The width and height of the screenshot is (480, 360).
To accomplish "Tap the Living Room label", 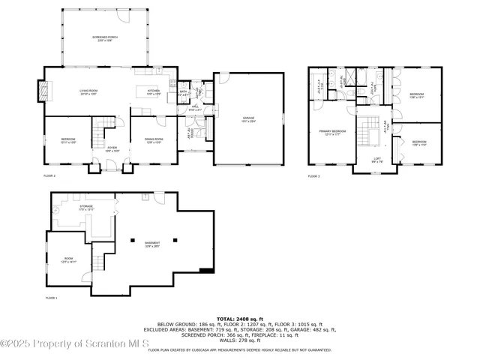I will coord(90,93).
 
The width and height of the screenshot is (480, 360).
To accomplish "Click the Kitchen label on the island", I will coord(154,93).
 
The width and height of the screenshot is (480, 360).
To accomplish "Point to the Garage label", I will coord(248,118).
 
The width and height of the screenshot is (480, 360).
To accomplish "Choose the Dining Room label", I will coord(153,140).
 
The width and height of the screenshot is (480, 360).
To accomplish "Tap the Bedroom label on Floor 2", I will coord(68,140).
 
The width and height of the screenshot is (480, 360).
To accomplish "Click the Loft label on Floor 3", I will coord(378,159).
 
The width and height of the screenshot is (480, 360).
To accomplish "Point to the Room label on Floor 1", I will coord(68,260).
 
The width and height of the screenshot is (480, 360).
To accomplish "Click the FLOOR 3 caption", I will coord(313,176).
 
